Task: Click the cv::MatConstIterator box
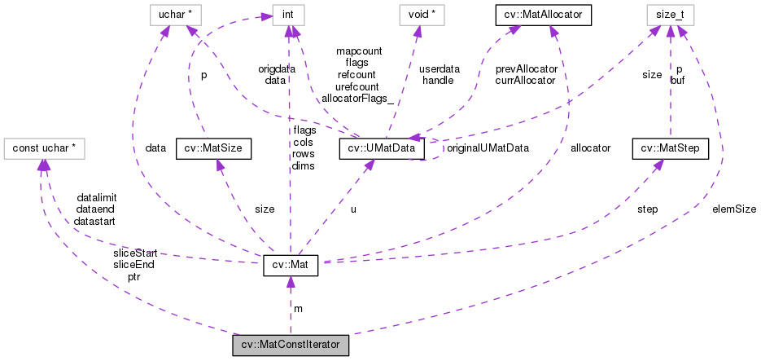click(x=291, y=345)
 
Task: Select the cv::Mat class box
click(x=290, y=266)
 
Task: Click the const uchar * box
click(x=46, y=147)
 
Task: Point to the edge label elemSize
click(x=734, y=209)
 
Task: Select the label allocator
click(x=590, y=148)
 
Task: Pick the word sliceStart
click(x=134, y=253)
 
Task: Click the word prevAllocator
click(x=526, y=69)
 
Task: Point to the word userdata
click(x=440, y=69)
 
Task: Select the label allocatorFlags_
click(x=358, y=98)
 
